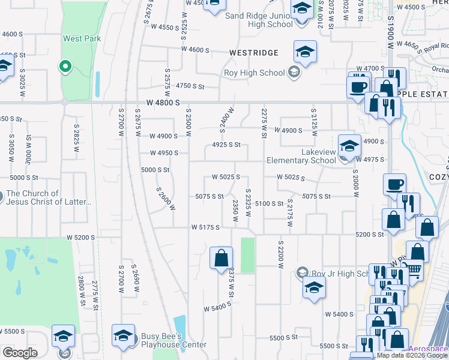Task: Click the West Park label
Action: coord(82,38)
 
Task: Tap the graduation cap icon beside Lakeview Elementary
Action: coord(349,145)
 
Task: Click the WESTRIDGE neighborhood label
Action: coord(254,53)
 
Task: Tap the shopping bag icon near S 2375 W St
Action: coord(221,258)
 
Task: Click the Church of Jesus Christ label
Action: coord(49,197)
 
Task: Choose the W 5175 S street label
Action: coord(206,227)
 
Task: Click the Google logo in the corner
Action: coord(20,353)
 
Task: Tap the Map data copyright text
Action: coord(412,355)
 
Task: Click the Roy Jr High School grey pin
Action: coord(301,274)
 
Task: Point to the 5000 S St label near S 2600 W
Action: coord(155,170)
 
